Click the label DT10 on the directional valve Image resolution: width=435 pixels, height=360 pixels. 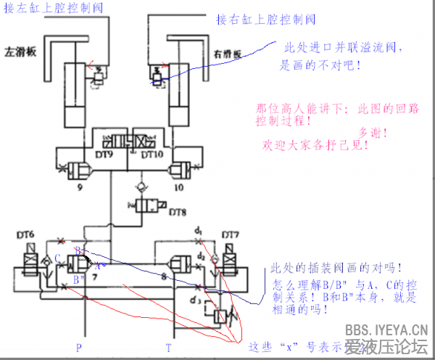point(152,155)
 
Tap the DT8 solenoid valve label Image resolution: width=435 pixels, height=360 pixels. point(178,212)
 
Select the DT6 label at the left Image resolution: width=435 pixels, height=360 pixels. point(27,235)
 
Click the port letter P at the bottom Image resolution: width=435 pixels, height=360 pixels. point(79,348)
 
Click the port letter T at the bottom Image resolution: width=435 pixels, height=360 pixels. point(168,348)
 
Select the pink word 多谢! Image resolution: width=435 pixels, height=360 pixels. point(373,132)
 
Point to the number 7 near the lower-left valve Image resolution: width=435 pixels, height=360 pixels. point(94,277)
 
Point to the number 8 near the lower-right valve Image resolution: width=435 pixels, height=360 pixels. point(164,277)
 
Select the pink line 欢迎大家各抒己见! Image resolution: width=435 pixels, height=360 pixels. point(314,144)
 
